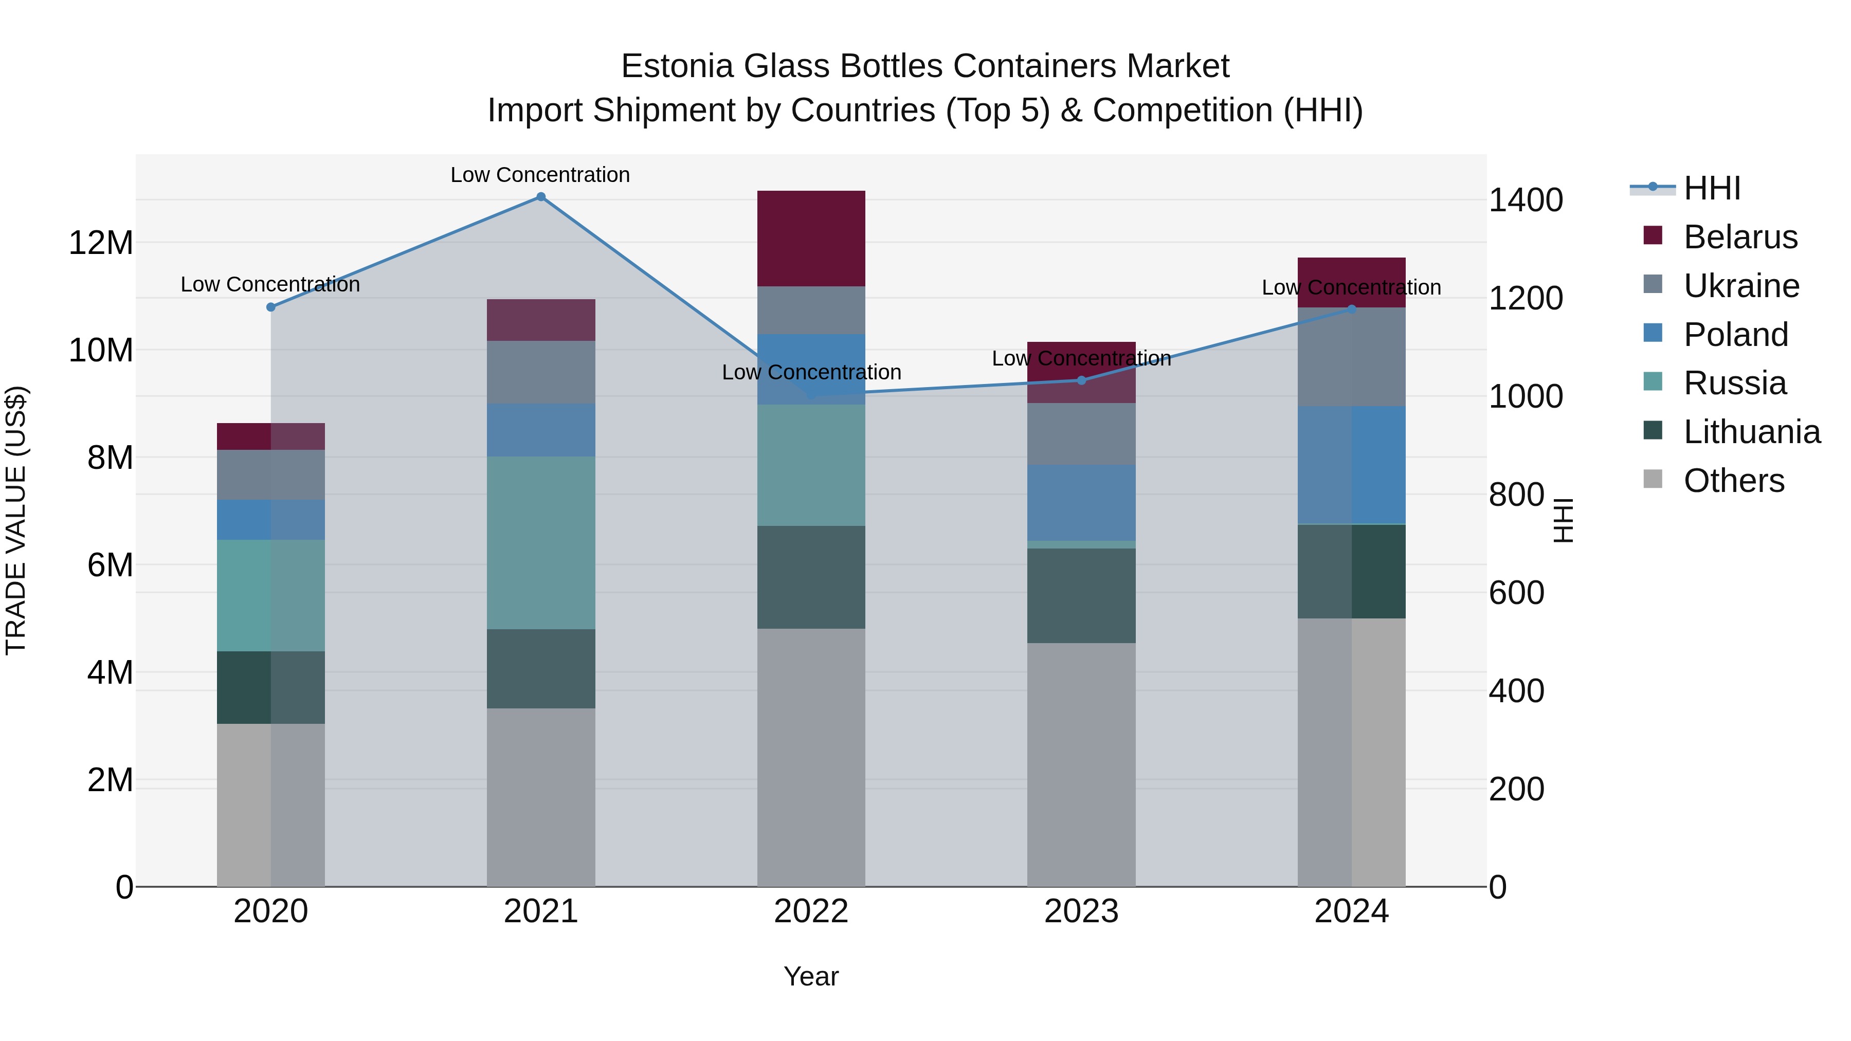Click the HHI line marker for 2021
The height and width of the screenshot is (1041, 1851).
(x=541, y=197)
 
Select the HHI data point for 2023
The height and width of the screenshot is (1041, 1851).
(x=1081, y=380)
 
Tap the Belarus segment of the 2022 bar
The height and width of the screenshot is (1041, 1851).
(x=811, y=239)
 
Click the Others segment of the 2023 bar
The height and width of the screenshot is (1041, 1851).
(x=1081, y=764)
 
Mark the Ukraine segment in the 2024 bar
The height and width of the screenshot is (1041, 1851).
(x=1352, y=357)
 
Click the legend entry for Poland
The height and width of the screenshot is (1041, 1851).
(x=1735, y=335)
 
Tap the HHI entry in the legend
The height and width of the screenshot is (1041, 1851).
(x=1712, y=188)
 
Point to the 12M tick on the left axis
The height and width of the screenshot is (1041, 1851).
(x=101, y=243)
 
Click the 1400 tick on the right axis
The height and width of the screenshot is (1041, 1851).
(x=1526, y=200)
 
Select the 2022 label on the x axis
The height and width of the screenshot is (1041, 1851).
(x=811, y=911)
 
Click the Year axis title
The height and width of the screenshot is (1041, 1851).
(x=811, y=976)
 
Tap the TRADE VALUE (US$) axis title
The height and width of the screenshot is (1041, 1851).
(x=16, y=520)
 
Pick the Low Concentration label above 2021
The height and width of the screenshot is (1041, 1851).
(x=540, y=175)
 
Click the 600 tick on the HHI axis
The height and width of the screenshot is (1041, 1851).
(x=1516, y=593)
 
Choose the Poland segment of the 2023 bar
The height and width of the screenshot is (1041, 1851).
(x=1081, y=502)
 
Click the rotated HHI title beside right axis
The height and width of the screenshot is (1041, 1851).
(x=1564, y=520)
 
